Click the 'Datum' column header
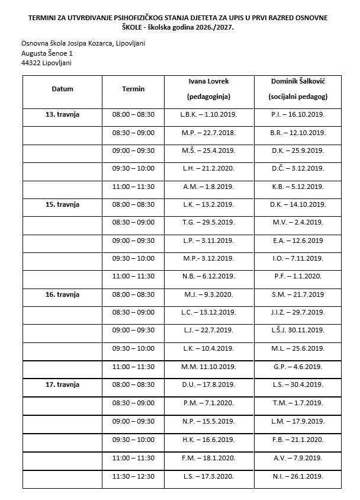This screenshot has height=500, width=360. (x=62, y=89)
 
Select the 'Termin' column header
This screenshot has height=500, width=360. (x=133, y=89)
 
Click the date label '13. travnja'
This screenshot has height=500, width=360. (x=63, y=114)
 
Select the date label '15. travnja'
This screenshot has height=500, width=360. (x=63, y=204)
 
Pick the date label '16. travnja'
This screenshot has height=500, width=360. (x=63, y=294)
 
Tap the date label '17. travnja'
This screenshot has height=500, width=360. (x=63, y=384)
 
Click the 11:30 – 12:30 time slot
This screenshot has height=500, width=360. (x=133, y=476)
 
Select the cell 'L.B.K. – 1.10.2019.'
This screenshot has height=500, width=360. (x=208, y=114)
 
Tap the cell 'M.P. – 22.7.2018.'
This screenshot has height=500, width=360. (x=208, y=133)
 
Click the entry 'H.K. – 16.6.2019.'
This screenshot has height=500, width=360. (x=208, y=440)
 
